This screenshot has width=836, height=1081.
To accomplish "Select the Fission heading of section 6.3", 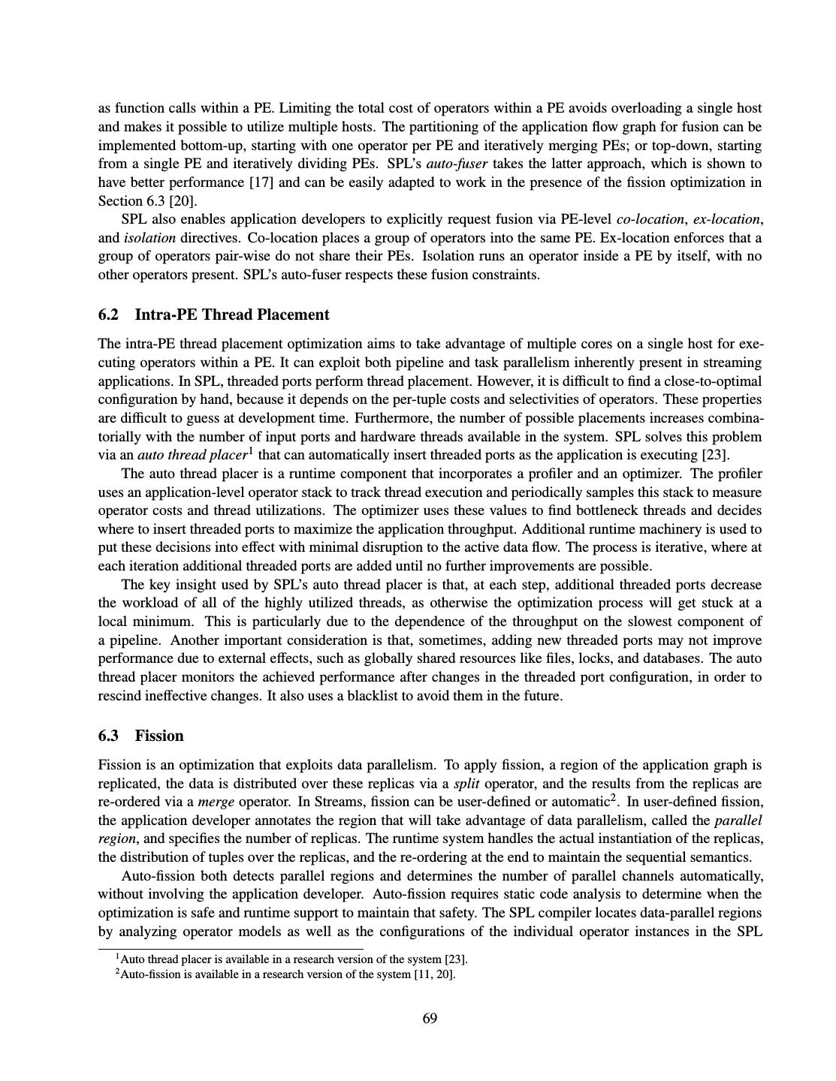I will point(159,736).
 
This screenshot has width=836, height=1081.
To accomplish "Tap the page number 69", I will point(430,1018).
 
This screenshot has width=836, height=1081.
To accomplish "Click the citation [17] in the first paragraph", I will point(262,182).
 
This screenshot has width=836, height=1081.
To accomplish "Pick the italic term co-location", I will point(650,219).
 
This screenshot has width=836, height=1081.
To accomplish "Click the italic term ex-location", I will point(726,219).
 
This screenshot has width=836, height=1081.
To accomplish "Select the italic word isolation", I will point(149,238).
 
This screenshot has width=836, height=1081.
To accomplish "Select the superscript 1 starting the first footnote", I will point(117,957).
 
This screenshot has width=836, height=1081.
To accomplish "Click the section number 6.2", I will point(109,315).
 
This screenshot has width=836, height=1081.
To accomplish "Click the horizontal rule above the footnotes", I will point(231,949).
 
